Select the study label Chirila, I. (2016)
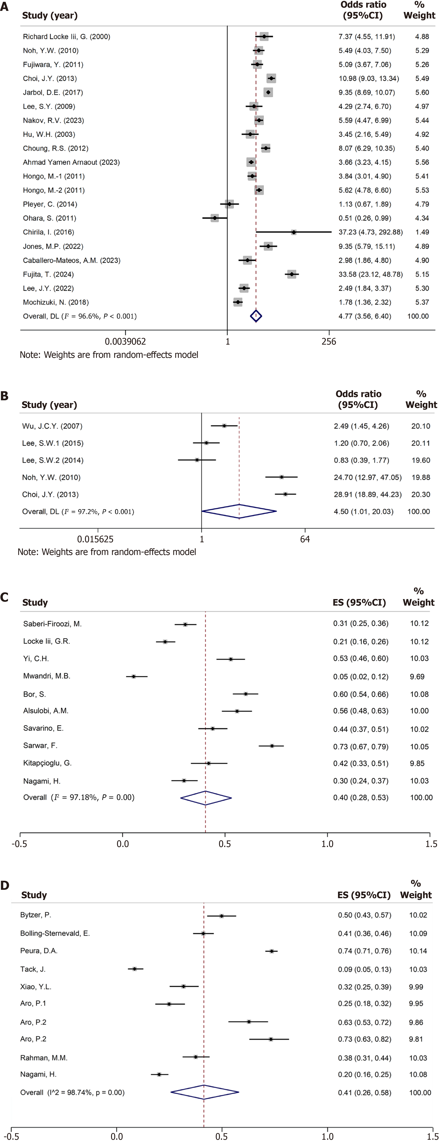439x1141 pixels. (x=49, y=232)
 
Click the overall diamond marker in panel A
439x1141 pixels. (x=256, y=316)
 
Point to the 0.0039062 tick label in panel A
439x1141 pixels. (x=125, y=342)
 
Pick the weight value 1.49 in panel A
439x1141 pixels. (x=422, y=232)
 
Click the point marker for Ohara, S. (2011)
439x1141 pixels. (x=215, y=218)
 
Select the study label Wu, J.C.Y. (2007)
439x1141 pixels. (x=52, y=426)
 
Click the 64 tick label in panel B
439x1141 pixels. (x=305, y=539)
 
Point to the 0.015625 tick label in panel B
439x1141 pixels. (x=95, y=539)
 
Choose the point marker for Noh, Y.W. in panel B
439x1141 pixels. (x=281, y=477)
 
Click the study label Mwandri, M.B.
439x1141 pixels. (x=47, y=676)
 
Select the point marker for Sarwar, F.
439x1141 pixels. (x=272, y=746)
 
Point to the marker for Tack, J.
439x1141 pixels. (x=135, y=969)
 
